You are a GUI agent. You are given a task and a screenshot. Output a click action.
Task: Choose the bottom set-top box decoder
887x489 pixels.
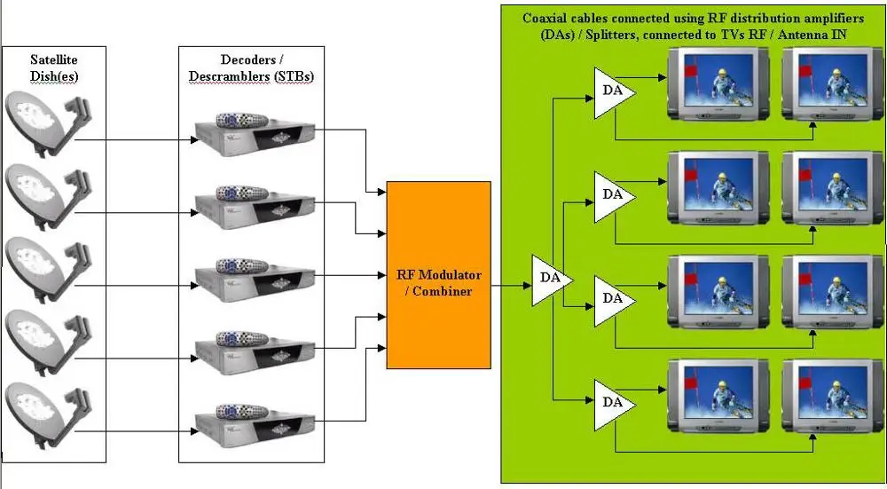pyautogui.click(x=254, y=417)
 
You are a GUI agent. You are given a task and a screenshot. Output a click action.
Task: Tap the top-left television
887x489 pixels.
pyautogui.click(x=713, y=83)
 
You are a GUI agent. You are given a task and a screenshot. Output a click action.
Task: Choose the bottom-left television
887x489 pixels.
pyautogui.click(x=713, y=395)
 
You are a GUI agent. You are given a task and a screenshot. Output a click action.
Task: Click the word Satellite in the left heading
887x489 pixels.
pyautogui.click(x=54, y=59)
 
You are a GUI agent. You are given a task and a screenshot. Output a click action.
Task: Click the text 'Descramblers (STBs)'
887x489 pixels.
pyautogui.click(x=251, y=76)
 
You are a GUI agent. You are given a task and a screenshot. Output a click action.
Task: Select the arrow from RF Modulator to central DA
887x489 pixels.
pyautogui.click(x=510, y=286)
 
